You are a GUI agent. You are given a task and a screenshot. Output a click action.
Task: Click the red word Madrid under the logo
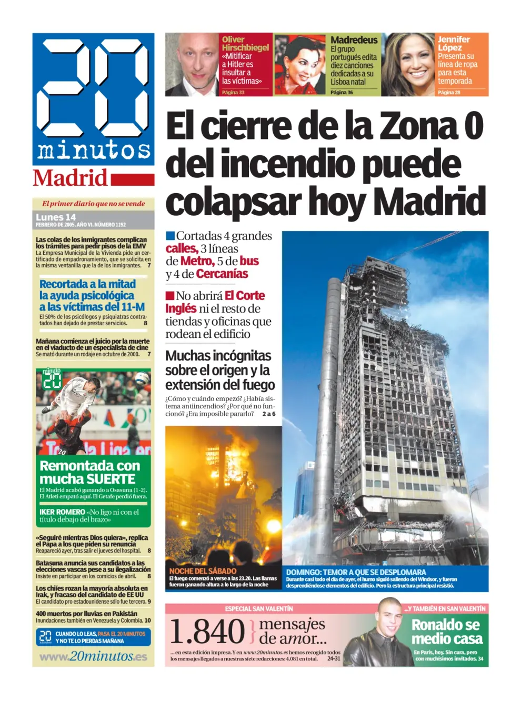[70, 178]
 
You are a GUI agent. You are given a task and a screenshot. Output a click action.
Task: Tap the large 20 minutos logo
[93, 99]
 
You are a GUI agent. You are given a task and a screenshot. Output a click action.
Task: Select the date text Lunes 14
[56, 217]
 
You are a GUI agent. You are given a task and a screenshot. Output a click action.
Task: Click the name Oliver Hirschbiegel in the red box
[245, 43]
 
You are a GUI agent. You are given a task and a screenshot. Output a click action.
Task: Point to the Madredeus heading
[354, 40]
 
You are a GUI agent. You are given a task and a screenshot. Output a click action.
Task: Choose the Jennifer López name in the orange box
[453, 43]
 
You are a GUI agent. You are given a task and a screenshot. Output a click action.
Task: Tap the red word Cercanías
[222, 274]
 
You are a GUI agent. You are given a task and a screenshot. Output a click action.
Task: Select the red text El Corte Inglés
[215, 302]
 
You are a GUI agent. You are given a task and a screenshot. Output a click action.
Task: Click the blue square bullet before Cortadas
[170, 236]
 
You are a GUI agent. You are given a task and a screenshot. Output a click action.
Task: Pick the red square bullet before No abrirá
[170, 296]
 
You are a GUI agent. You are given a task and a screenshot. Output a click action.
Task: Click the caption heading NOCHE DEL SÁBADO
[203, 571]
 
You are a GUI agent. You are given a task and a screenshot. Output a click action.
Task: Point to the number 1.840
[207, 631]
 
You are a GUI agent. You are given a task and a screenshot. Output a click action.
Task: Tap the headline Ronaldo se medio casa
[447, 632]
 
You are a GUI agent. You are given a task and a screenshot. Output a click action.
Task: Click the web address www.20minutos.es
[93, 656]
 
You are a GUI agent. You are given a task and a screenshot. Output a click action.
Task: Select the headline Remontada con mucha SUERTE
[89, 472]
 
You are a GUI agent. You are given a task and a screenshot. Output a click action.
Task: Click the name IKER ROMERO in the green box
[62, 512]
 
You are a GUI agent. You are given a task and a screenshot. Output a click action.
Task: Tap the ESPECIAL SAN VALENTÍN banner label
[259, 609]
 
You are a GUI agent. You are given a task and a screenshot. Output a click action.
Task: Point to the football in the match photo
[142, 378]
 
